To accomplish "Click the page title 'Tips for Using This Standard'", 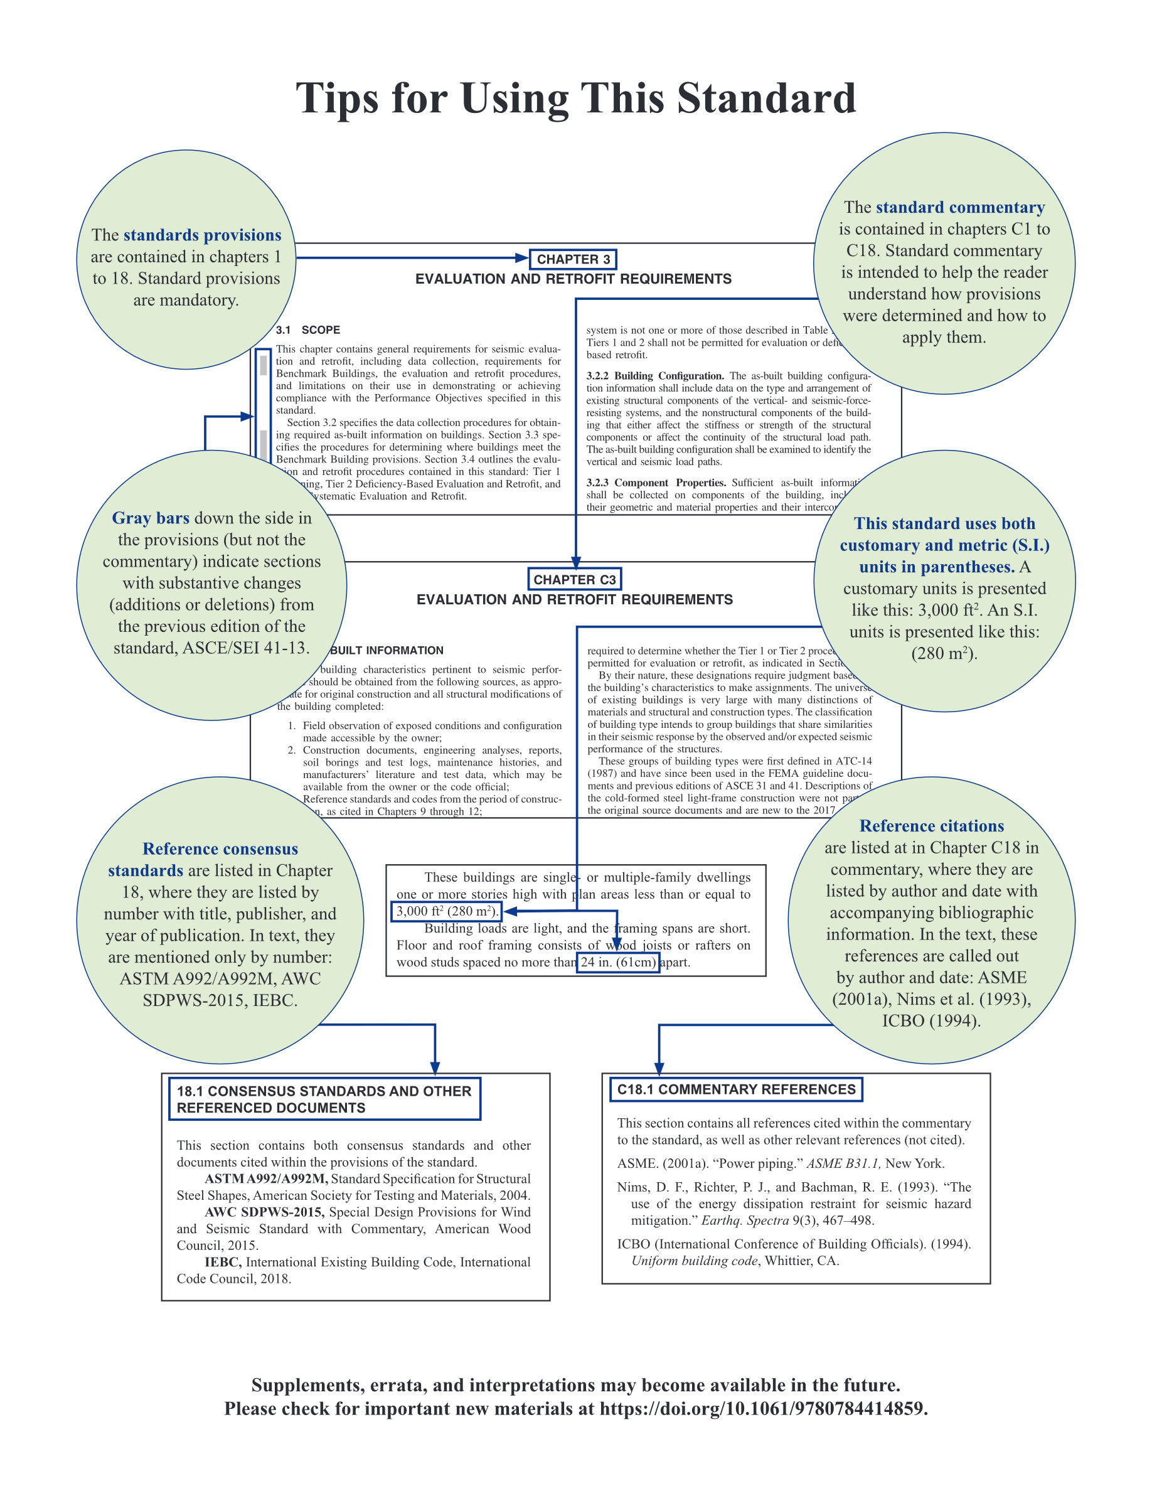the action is coord(575,99).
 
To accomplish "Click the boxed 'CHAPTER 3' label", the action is coord(573,259).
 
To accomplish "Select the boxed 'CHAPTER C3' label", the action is coord(575,580).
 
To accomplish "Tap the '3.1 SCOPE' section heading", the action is coord(308,329).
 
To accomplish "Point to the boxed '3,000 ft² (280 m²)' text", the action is coord(447,911).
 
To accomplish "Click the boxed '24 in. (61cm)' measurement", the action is coord(618,963).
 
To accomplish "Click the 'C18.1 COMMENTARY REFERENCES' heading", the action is coord(737,1089).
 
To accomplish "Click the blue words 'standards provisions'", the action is coord(203,235).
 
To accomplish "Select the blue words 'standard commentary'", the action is coord(960,208).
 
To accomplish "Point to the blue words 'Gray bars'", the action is coord(151,518).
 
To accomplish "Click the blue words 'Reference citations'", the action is coord(932,826).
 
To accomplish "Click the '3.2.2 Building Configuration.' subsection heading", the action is coord(655,376).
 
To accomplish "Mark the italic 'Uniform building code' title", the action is coord(694,1261).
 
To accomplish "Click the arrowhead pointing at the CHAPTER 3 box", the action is coord(522,258).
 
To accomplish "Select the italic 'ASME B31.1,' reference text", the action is coord(843,1163).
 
